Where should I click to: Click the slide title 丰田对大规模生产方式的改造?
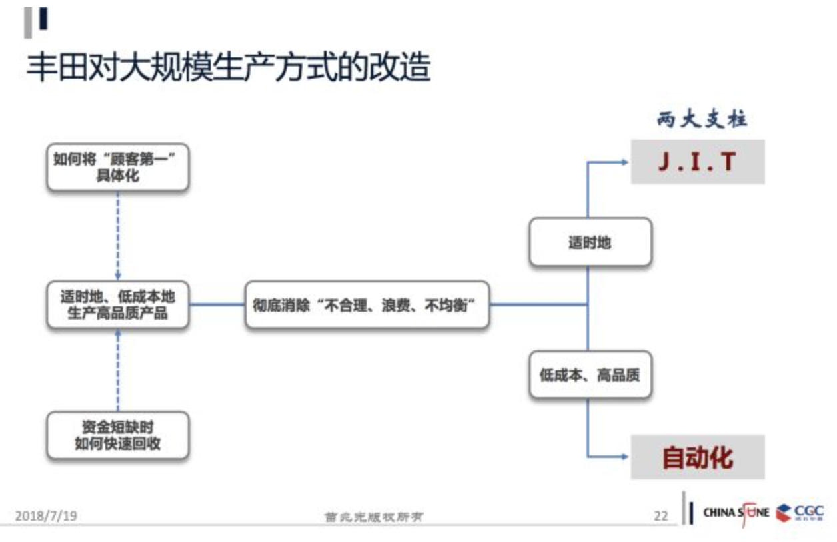pyautogui.click(x=229, y=69)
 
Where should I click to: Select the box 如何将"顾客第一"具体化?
pyautogui.click(x=118, y=168)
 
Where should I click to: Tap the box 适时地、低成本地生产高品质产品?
pyautogui.click(x=118, y=305)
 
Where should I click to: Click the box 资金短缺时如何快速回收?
pyautogui.click(x=118, y=435)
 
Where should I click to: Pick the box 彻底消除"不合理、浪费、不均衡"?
pyautogui.click(x=367, y=305)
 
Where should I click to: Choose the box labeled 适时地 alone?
pyautogui.click(x=590, y=242)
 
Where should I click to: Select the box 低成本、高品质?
pyautogui.click(x=590, y=375)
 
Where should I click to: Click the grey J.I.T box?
pyautogui.click(x=697, y=162)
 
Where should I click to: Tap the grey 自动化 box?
pyautogui.click(x=697, y=457)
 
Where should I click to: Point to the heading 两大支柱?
pyautogui.click(x=702, y=120)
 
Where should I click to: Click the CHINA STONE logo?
pyautogui.click(x=735, y=512)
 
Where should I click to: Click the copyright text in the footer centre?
pyautogui.click(x=373, y=517)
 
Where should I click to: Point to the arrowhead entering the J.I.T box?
pyautogui.click(x=624, y=162)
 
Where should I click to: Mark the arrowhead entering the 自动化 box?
pyautogui.click(x=624, y=457)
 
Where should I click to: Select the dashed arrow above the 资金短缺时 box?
pyautogui.click(x=118, y=370)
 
